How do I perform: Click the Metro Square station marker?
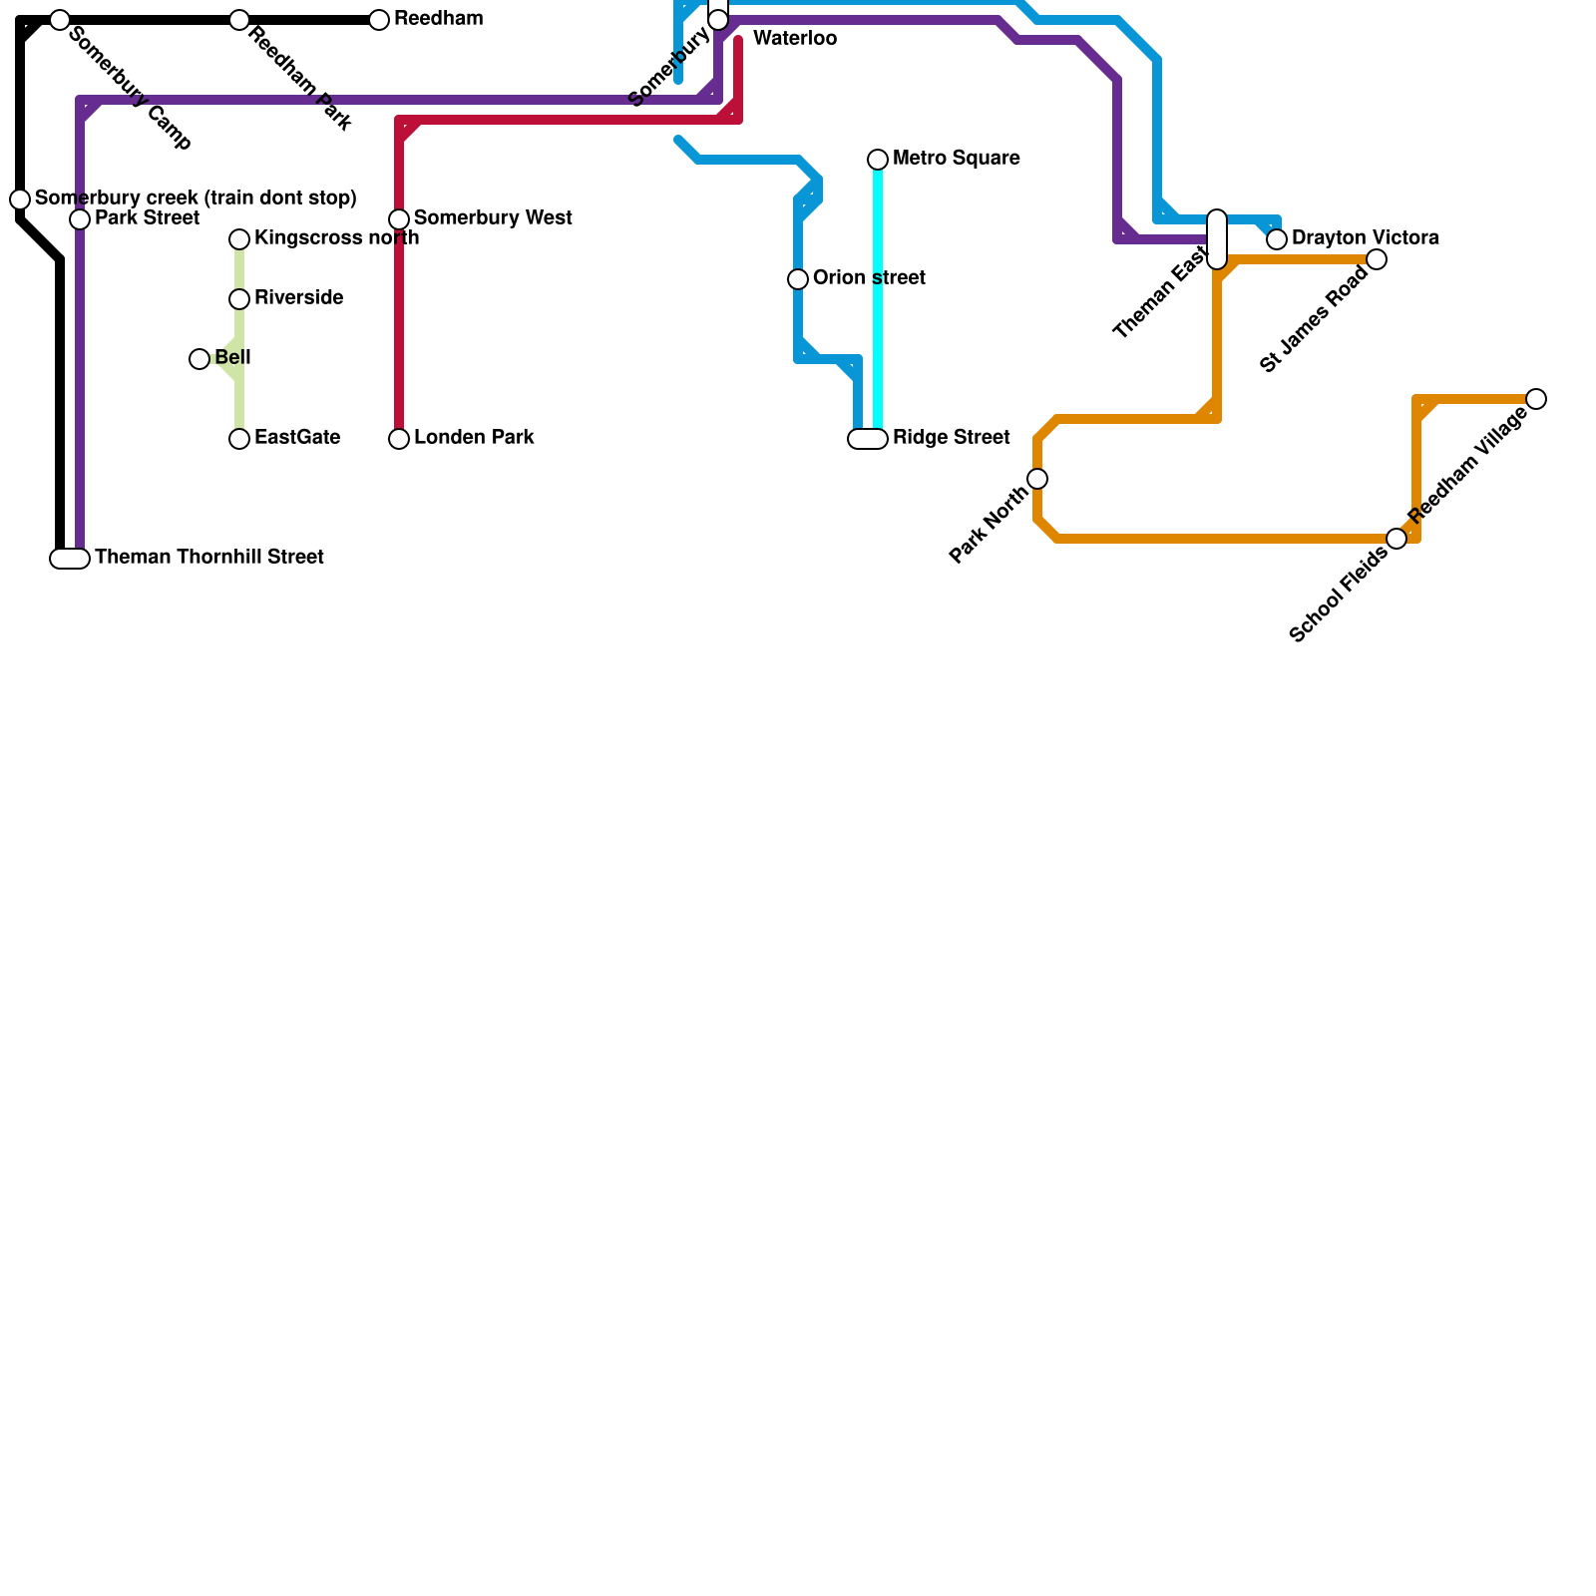(x=878, y=160)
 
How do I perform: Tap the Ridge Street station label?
(x=951, y=438)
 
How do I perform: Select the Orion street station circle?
(x=798, y=279)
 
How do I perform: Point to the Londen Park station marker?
(x=399, y=439)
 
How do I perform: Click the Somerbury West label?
(x=493, y=218)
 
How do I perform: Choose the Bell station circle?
(x=199, y=359)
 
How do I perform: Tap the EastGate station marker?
(x=239, y=439)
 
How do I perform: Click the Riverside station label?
(x=298, y=298)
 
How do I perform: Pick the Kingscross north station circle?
(x=239, y=239)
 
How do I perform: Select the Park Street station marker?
(x=80, y=219)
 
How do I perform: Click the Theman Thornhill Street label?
(x=209, y=558)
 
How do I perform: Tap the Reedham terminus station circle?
(x=379, y=20)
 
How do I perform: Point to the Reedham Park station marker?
(x=239, y=20)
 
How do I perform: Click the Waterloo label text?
(x=795, y=39)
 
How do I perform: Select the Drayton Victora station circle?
(x=1277, y=239)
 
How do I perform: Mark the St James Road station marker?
(x=1377, y=259)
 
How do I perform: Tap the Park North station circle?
(x=1037, y=479)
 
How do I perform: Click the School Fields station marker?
(x=1396, y=539)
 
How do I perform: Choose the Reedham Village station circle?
(x=1536, y=399)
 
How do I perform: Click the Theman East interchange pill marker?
(x=1217, y=239)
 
